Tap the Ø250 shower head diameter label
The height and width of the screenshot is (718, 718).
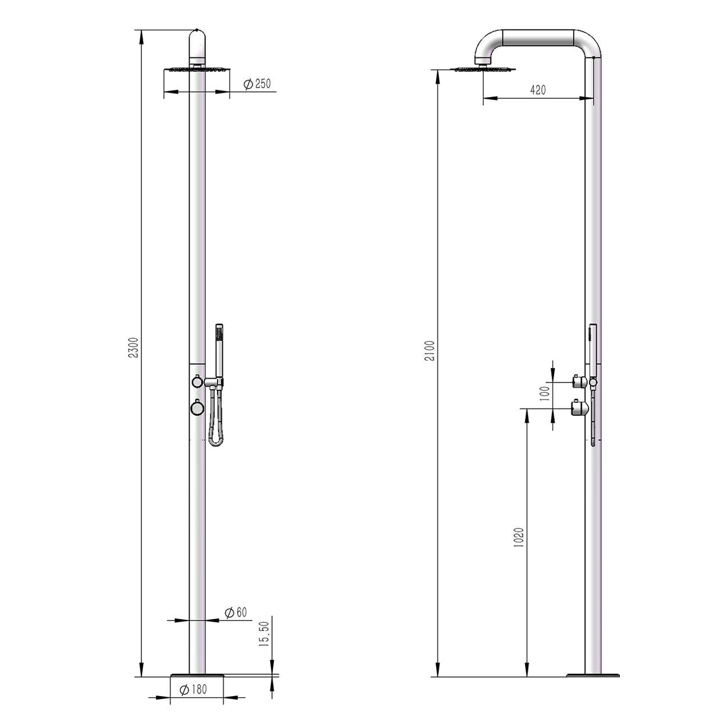click(x=257, y=84)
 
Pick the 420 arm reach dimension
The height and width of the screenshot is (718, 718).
click(x=538, y=90)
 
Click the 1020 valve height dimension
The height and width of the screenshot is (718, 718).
click(x=519, y=537)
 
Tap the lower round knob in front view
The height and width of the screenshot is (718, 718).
click(x=196, y=407)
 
